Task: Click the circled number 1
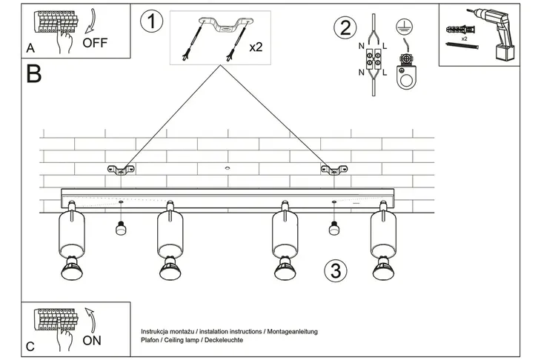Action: click(151, 21)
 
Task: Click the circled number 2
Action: click(344, 29)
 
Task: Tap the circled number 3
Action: click(335, 270)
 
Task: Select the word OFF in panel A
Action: click(95, 42)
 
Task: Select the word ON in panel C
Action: click(93, 341)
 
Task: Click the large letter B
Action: click(33, 74)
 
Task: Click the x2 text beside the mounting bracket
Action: click(256, 47)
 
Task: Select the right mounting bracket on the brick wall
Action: click(333, 170)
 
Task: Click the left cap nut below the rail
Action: click(119, 229)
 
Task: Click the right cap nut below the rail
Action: click(333, 229)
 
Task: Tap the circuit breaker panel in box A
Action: click(55, 23)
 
